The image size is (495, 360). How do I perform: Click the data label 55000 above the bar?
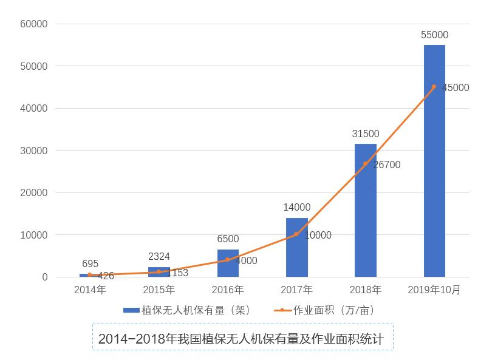click(434, 35)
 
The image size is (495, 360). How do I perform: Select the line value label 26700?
click(386, 165)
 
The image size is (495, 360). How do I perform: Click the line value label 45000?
click(456, 87)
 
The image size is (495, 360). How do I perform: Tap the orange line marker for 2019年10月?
click(434, 87)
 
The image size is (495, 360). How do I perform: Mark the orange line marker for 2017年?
click(296, 234)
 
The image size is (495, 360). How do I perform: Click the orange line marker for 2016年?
click(228, 260)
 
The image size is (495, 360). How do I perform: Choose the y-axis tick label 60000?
click(34, 24)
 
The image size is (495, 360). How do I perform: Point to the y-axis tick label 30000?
click(34, 151)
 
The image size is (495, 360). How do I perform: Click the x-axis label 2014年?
click(90, 290)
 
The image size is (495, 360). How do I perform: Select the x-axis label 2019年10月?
click(434, 290)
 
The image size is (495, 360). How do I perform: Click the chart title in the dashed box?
click(242, 338)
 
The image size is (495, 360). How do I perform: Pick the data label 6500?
click(228, 239)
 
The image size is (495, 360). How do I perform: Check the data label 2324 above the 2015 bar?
click(159, 257)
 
